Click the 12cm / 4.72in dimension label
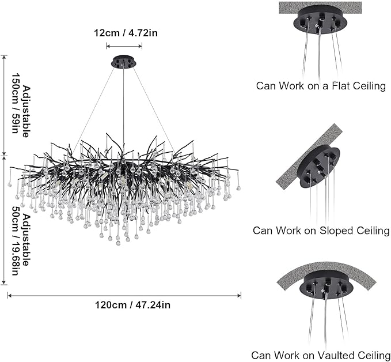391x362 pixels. tap(126, 33)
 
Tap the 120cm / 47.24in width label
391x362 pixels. tap(124, 305)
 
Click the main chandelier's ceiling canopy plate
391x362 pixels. tap(124, 62)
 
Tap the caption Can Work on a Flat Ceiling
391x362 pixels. tap(321, 86)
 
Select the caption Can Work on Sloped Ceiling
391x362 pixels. tap(321, 231)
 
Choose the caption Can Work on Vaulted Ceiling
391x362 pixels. tap(321, 355)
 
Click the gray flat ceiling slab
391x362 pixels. tap(320, 7)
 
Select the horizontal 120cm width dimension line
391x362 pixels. tap(124, 295)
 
